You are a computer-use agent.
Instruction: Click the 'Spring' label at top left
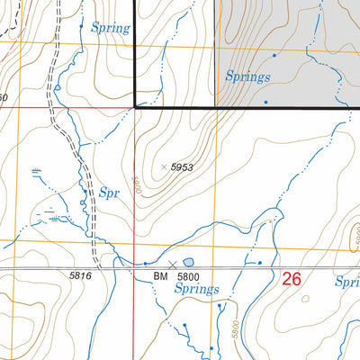click(111, 28)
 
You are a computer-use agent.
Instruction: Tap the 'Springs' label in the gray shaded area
click(247, 76)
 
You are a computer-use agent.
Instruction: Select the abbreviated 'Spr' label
click(110, 193)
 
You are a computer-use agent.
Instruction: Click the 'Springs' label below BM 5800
click(196, 289)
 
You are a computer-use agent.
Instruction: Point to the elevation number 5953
click(184, 166)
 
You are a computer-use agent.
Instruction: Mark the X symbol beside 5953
click(163, 166)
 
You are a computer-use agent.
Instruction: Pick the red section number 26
click(292, 279)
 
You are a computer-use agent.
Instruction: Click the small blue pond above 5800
click(187, 261)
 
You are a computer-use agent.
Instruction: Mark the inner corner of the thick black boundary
click(135, 106)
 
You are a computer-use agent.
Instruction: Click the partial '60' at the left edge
click(4, 97)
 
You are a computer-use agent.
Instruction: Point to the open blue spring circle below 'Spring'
click(56, 87)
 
